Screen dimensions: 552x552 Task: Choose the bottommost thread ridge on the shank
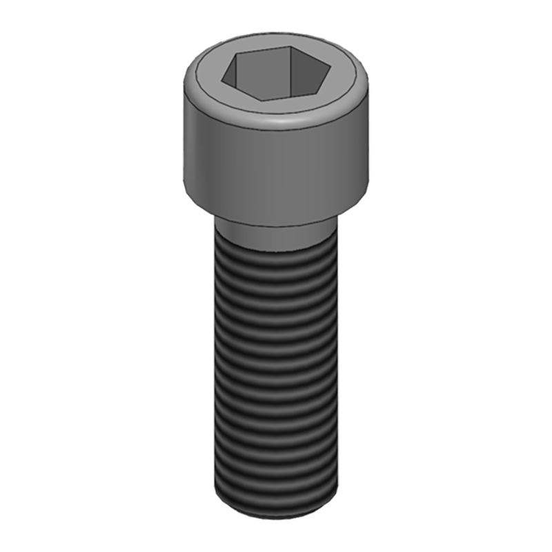[276, 493]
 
